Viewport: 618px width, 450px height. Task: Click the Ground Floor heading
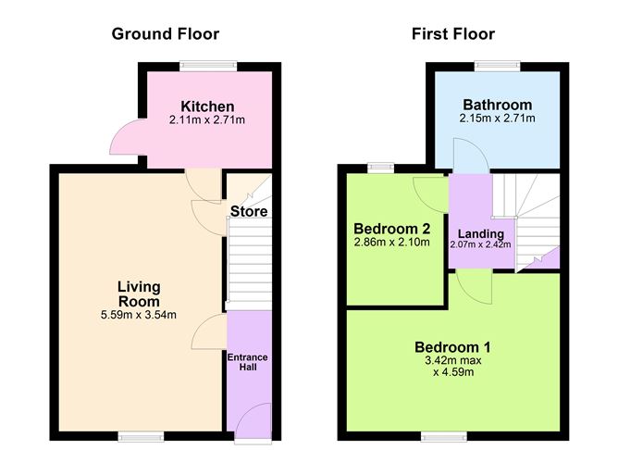(166, 34)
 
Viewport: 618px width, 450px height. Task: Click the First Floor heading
(453, 34)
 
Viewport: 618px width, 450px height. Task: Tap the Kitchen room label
(207, 106)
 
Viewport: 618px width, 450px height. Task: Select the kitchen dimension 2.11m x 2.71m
(207, 119)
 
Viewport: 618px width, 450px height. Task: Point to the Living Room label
(139, 294)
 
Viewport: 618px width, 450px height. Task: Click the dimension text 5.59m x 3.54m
(139, 315)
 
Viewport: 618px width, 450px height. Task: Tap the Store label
(249, 211)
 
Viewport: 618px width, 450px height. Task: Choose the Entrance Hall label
(248, 362)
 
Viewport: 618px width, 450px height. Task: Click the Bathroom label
(498, 105)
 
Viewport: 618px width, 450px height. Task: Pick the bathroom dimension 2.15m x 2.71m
(498, 118)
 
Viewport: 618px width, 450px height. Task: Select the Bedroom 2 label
(391, 229)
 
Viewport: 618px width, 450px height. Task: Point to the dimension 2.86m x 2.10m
(391, 242)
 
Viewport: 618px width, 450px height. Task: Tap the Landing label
(481, 234)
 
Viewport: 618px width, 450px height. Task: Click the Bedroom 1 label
(452, 347)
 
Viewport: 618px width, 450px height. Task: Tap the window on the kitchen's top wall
(208, 66)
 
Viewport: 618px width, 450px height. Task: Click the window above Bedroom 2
(381, 168)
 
